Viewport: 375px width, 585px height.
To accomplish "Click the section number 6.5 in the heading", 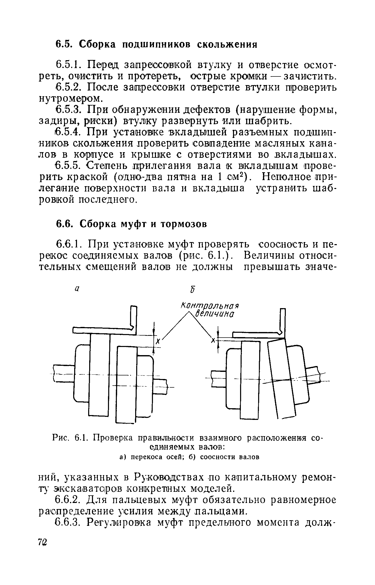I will pyautogui.click(x=63, y=44).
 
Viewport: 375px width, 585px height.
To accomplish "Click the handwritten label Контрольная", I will pyautogui.click(x=210, y=306).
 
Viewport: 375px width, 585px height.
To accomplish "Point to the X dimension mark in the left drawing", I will pyautogui.click(x=158, y=341).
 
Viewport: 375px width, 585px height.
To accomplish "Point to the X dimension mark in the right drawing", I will pyautogui.click(x=214, y=340).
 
